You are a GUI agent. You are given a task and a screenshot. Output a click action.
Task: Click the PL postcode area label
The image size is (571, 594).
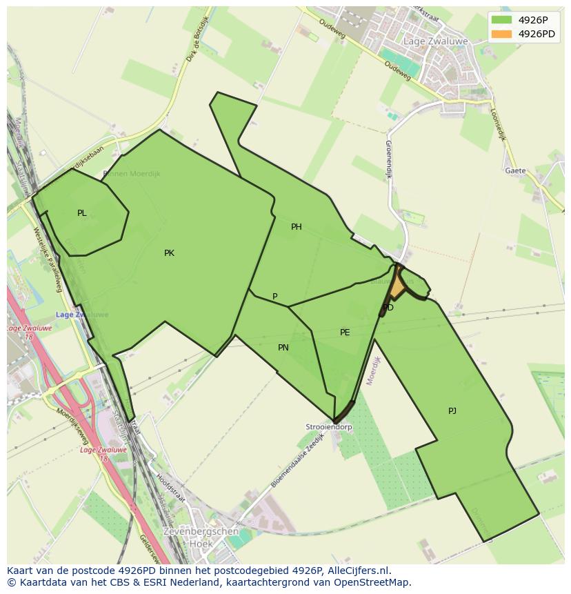click(x=82, y=213)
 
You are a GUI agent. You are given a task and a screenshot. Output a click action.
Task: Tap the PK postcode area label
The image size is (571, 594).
click(x=169, y=253)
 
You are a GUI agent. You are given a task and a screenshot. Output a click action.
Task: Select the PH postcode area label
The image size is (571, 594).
click(x=297, y=227)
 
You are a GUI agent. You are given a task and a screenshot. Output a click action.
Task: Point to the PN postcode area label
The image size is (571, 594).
click(x=283, y=348)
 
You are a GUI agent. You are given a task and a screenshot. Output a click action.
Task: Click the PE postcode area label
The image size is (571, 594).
click(x=345, y=333)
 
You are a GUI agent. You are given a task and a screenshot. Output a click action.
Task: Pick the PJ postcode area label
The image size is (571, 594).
click(x=452, y=411)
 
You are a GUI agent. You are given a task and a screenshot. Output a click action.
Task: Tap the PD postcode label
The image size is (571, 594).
click(x=388, y=308)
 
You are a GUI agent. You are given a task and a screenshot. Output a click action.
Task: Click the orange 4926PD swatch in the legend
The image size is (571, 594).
click(x=502, y=34)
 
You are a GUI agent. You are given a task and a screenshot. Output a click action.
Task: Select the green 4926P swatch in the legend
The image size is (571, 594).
click(x=502, y=20)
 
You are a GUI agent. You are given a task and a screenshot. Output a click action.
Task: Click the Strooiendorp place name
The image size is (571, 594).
click(x=329, y=427)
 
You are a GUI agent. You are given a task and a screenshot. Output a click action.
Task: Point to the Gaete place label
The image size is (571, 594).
click(x=515, y=170)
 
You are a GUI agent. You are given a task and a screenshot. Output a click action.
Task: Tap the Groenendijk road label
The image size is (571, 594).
click(x=388, y=159)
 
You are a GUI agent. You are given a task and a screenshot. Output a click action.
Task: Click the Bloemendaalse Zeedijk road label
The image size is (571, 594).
click(x=297, y=461)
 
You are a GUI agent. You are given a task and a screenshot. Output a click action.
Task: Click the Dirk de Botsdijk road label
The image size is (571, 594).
click(x=197, y=39)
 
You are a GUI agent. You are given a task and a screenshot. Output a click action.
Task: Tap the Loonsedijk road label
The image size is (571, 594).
click(x=498, y=124)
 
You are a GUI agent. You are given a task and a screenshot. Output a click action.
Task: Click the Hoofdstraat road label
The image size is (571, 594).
click(x=171, y=487)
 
